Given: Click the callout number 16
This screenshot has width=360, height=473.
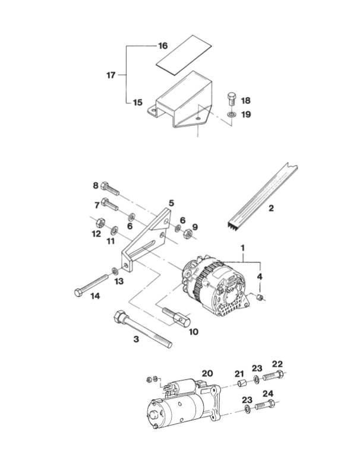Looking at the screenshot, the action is (x=163, y=46).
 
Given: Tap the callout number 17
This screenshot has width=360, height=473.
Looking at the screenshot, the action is (x=111, y=75).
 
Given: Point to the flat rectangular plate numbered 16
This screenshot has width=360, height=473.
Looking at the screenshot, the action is (x=184, y=55).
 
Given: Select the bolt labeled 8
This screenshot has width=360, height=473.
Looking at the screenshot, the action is (x=110, y=189).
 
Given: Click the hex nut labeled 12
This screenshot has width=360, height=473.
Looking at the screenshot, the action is (x=100, y=223).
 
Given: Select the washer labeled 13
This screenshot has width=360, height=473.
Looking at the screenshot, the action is (x=115, y=271).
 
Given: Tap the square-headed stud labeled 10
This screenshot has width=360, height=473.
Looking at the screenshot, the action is (x=176, y=316).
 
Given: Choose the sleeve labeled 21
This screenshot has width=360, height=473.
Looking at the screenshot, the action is (x=242, y=384).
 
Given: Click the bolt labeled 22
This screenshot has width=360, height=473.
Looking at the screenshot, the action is (x=273, y=376).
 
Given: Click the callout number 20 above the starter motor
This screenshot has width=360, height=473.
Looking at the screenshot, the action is (x=207, y=373).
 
